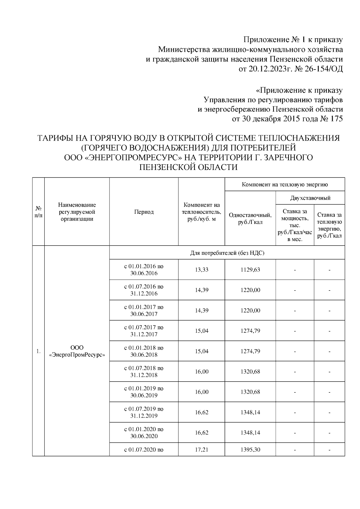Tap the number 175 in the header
pyautogui.click(x=336, y=119)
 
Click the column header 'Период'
pyautogui.click(x=144, y=212)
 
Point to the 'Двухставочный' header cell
pyautogui.click(x=310, y=198)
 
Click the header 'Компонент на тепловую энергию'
pyautogui.click(x=285, y=184)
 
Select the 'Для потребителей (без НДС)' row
pyautogui.click(x=227, y=253)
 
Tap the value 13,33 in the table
pyautogui.click(x=202, y=270)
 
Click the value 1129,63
pyautogui.click(x=250, y=270)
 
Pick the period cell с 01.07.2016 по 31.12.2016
pyautogui.click(x=144, y=290)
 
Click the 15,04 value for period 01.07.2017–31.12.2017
pyautogui.click(x=202, y=331)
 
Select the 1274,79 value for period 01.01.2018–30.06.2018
pyautogui.click(x=250, y=351)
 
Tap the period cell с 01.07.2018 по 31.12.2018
pyautogui.click(x=144, y=371)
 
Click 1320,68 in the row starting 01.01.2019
pyautogui.click(x=250, y=392)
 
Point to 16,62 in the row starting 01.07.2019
pyautogui.click(x=202, y=412)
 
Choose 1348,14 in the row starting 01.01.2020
pyautogui.click(x=250, y=433)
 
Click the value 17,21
pyautogui.click(x=202, y=450)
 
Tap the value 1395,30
pyautogui.click(x=250, y=450)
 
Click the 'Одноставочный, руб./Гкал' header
pyautogui.click(x=250, y=219)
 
